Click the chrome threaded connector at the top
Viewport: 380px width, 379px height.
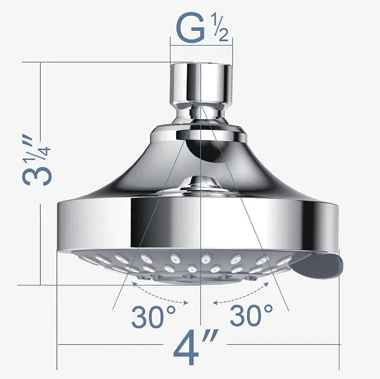[x=201, y=83]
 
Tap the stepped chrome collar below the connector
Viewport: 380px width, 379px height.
[x=199, y=132]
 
